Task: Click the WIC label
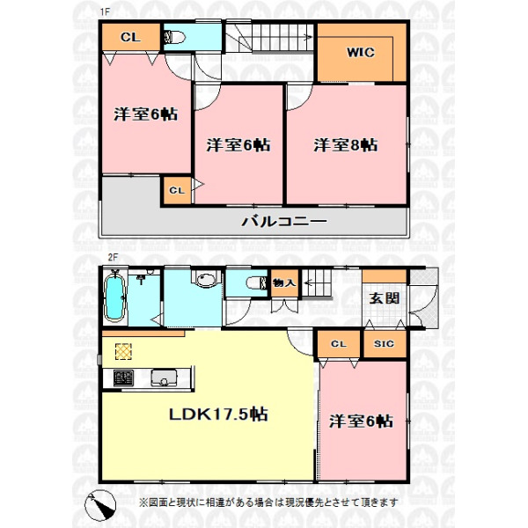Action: [360, 53]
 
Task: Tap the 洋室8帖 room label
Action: [346, 145]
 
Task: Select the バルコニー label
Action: [284, 221]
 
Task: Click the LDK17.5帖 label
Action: [218, 414]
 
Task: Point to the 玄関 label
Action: [385, 298]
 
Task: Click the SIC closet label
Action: [384, 343]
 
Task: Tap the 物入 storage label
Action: [283, 282]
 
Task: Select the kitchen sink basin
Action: [164, 378]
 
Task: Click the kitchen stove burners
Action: [123, 378]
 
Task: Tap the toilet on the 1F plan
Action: [174, 37]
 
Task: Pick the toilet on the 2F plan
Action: [257, 282]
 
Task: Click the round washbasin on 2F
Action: [206, 280]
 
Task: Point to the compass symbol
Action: [100, 505]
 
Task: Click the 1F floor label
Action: [105, 11]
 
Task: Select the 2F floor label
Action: [113, 257]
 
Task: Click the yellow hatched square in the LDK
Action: [123, 352]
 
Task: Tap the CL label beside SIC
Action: [339, 344]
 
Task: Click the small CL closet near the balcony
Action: [177, 191]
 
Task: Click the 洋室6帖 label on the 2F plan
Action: [361, 421]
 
